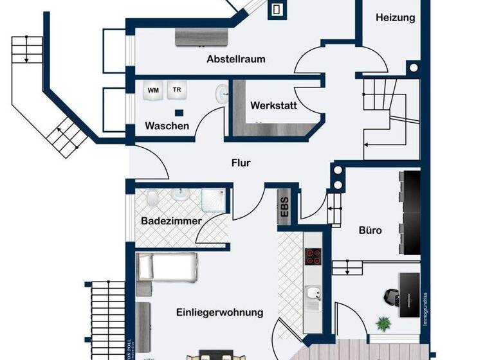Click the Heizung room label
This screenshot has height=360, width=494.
pyautogui.click(x=395, y=18)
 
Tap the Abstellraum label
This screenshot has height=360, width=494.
pyautogui.click(x=235, y=59)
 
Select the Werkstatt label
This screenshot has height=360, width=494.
pyautogui.click(x=273, y=105)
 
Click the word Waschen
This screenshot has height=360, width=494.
pyautogui.click(x=167, y=125)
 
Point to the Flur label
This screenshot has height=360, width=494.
pyautogui.click(x=241, y=163)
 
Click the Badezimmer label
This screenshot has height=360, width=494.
pyautogui.click(x=171, y=221)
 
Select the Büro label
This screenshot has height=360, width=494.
pyautogui.click(x=370, y=229)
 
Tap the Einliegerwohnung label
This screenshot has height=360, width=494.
pyautogui.click(x=219, y=312)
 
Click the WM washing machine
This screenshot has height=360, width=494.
pyautogui.click(x=153, y=91)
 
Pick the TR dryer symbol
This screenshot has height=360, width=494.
pyautogui.click(x=175, y=90)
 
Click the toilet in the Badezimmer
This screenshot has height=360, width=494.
pyautogui.click(x=152, y=199)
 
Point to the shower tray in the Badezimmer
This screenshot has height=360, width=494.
pyautogui.click(x=214, y=199)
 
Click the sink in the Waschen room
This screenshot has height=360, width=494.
pyautogui.click(x=223, y=94)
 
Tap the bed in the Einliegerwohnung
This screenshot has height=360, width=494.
pyautogui.click(x=167, y=267)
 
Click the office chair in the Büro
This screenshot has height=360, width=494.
pyautogui.click(x=390, y=296)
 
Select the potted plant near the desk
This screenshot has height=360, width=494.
pyautogui.click(x=384, y=322)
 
